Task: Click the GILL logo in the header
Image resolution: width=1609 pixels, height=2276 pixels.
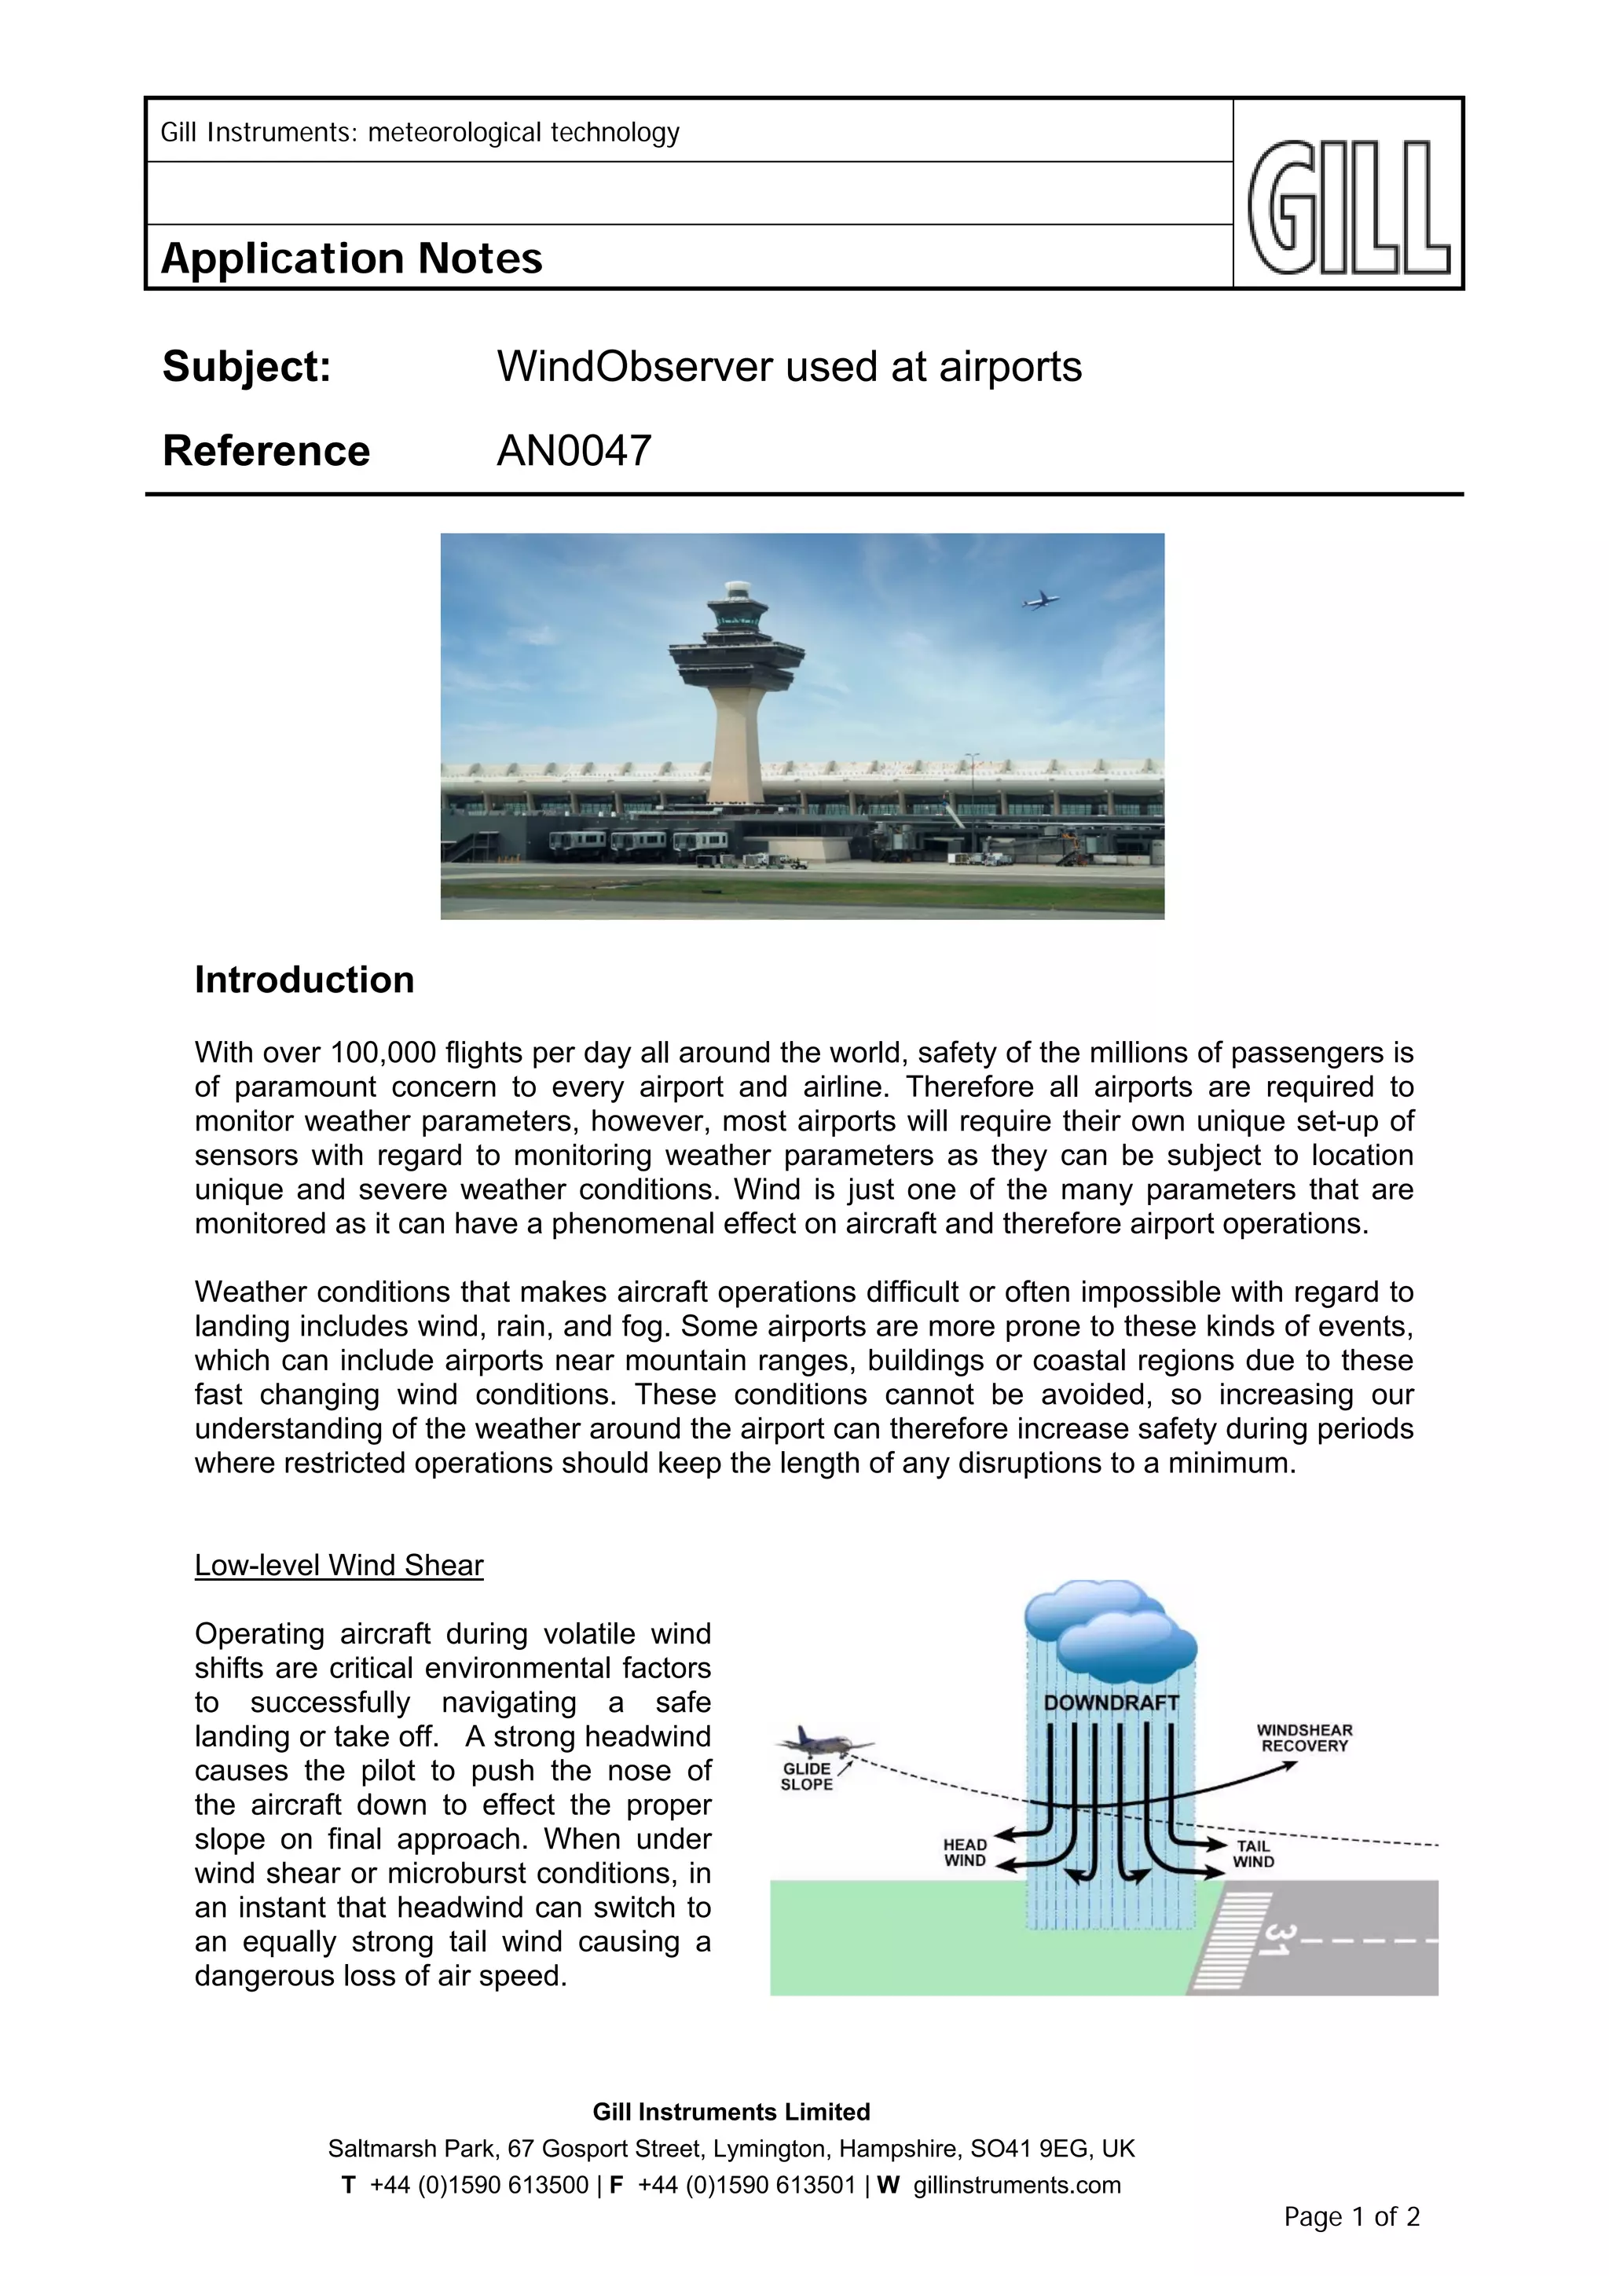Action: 1348,207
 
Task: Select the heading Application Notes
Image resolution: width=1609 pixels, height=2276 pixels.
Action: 352,258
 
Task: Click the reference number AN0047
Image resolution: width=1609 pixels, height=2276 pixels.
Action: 574,451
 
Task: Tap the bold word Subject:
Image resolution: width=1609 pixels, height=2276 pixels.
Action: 247,367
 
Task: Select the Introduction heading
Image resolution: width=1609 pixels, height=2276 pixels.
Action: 304,980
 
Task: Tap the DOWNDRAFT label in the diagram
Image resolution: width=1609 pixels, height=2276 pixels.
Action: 1110,1702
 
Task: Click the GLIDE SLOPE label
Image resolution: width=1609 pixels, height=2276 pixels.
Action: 807,1776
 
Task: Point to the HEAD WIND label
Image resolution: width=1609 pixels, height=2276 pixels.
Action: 965,1852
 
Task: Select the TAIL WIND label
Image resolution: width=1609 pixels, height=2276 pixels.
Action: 1253,1853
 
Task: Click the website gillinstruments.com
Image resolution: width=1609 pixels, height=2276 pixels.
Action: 1016,2185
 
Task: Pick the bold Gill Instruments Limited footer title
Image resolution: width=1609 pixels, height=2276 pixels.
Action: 731,2112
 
